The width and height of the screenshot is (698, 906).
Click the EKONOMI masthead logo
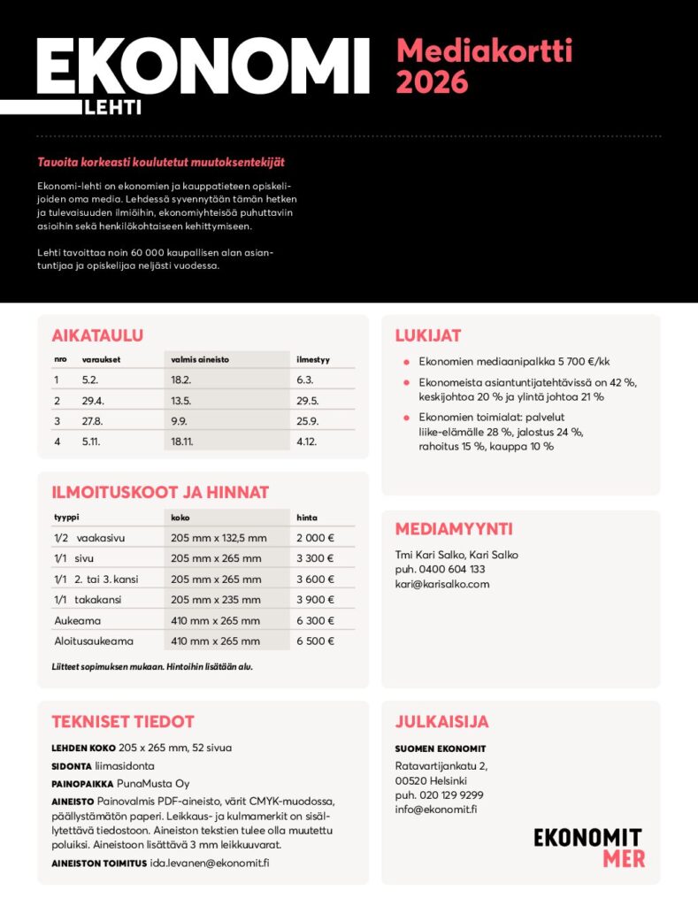pyautogui.click(x=203, y=70)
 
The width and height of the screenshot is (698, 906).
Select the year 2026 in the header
pyautogui.click(x=432, y=82)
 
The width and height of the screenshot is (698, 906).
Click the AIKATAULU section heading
pyautogui.click(x=97, y=335)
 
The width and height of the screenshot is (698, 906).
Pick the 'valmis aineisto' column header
pyautogui.click(x=199, y=360)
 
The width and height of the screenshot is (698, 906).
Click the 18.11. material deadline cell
pyautogui.click(x=183, y=441)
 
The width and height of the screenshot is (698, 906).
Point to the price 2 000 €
pyautogui.click(x=315, y=537)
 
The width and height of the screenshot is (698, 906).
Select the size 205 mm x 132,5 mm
pyautogui.click(x=218, y=537)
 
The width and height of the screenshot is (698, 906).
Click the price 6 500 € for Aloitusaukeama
pyautogui.click(x=315, y=641)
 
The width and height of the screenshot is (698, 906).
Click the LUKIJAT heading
pyautogui.click(x=427, y=335)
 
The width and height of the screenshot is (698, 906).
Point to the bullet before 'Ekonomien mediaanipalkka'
pyautogui.click(x=405, y=362)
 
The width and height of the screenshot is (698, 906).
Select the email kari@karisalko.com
pyautogui.click(x=441, y=584)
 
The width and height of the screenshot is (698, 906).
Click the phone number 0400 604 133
pyautogui.click(x=452, y=569)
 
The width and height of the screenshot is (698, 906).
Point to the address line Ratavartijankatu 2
pyautogui.click(x=441, y=765)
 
